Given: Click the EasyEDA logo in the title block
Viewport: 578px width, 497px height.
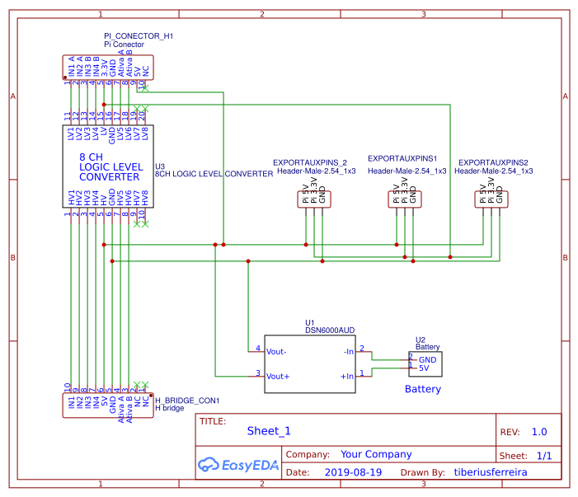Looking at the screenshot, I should [238, 465].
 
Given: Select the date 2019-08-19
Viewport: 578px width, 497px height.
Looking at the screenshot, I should [353, 473].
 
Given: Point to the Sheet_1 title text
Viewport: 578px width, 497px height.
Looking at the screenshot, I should [269, 431].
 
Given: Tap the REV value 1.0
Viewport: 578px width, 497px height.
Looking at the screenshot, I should [539, 432].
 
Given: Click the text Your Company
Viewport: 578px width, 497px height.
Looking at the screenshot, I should [375, 454].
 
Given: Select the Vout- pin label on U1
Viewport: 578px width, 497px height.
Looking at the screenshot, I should [276, 350].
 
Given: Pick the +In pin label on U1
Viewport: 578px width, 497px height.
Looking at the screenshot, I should [346, 376].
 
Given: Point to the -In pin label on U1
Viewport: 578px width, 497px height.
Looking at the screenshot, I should [348, 350].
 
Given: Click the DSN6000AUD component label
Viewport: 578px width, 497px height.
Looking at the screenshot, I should [330, 330].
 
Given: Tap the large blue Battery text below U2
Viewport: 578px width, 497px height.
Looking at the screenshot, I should [422, 389].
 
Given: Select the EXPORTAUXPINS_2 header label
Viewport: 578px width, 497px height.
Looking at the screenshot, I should [310, 162].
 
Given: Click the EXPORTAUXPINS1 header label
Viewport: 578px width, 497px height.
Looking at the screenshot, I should [402, 158].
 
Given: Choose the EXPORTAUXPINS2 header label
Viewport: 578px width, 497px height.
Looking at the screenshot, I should [493, 162].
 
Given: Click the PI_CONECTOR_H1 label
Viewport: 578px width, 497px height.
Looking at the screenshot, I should [139, 37].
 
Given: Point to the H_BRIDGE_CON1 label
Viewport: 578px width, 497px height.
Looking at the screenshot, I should [187, 401].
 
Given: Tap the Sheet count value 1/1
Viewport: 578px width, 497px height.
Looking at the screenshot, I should [544, 456].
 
